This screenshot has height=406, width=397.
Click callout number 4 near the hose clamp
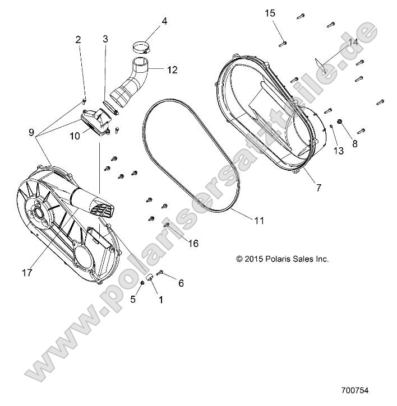click(x=164, y=21)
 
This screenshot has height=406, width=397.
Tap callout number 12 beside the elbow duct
click(x=172, y=70)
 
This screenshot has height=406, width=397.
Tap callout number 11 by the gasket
click(x=258, y=221)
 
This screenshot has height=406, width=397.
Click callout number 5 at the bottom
click(x=133, y=299)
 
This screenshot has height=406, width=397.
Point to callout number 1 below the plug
click(x=161, y=300)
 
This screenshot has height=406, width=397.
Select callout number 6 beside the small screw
click(x=181, y=284)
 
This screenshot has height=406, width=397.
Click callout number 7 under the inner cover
click(x=318, y=188)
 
